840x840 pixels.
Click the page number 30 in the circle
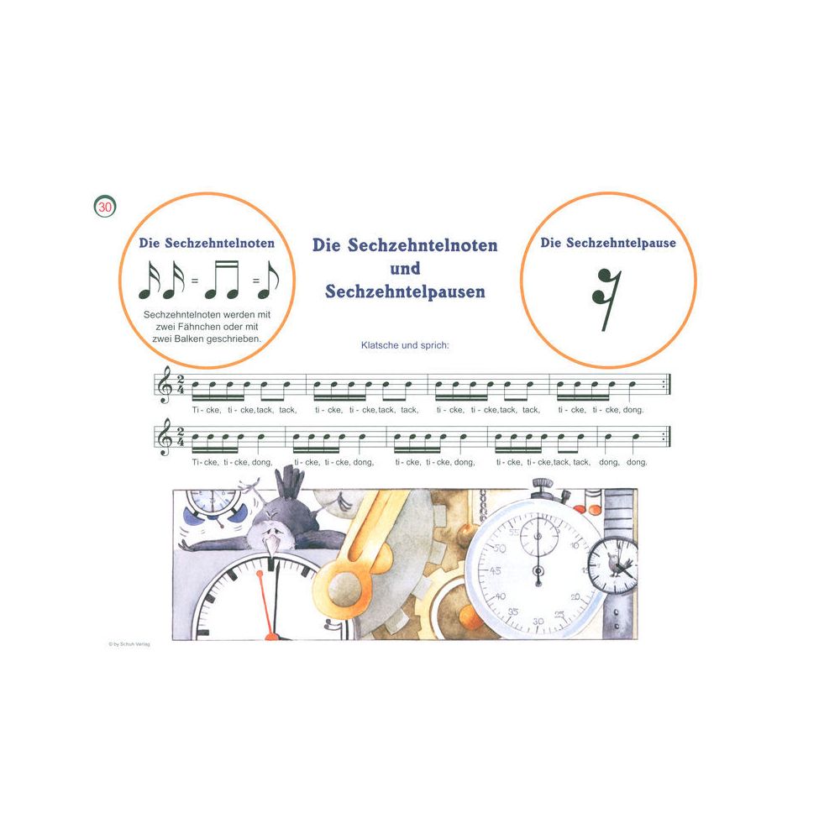point(105,207)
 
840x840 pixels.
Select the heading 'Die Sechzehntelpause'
point(607,243)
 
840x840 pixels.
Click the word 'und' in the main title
point(405,269)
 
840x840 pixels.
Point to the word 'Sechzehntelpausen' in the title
point(405,291)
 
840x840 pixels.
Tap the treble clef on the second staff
point(165,438)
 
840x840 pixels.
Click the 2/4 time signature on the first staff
point(181,385)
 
